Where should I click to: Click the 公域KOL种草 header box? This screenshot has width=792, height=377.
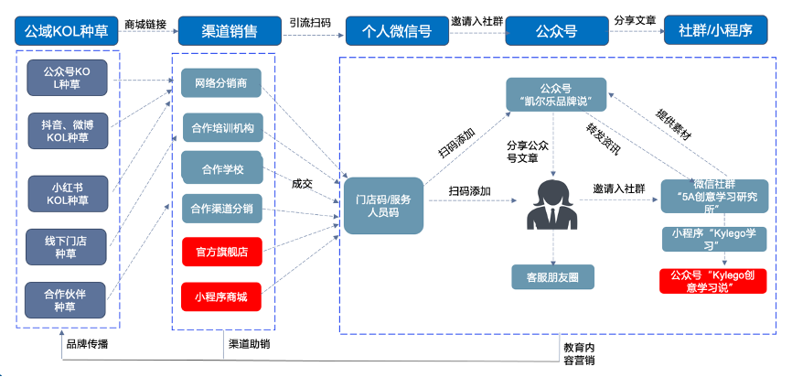tap(67, 31)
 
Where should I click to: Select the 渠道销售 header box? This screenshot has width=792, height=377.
tap(229, 31)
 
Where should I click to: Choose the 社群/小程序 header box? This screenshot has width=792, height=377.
tap(715, 31)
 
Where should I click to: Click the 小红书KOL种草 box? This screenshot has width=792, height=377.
tap(67, 193)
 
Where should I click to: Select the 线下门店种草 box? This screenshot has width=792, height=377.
tap(67, 244)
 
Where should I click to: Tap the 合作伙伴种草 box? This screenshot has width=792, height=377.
tap(67, 299)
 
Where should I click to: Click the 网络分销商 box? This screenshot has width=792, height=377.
tap(221, 84)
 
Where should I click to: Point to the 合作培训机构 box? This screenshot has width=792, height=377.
tap(222, 127)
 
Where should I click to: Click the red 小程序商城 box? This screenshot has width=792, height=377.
tap(222, 296)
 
